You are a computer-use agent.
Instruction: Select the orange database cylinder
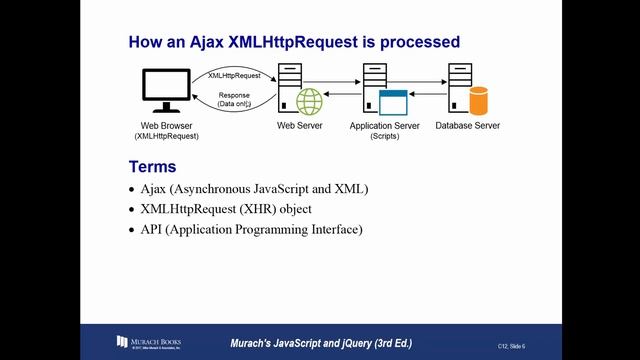[x=478, y=100]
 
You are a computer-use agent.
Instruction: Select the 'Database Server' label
[x=468, y=126]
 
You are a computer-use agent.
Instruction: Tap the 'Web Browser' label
[x=164, y=126]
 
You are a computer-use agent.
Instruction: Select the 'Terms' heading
[x=152, y=166]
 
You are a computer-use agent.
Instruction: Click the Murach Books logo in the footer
[x=148, y=342]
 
